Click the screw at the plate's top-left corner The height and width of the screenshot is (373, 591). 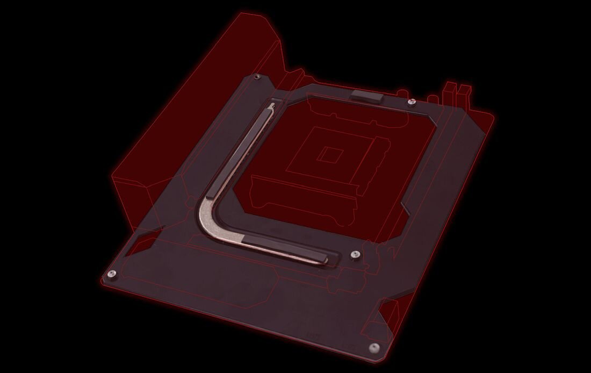point(257,77)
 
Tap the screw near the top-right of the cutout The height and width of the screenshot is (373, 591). point(411,102)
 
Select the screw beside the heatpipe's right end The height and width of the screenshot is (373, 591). point(354,254)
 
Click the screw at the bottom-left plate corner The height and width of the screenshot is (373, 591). point(111,275)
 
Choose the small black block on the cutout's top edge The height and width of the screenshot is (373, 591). point(366,97)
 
